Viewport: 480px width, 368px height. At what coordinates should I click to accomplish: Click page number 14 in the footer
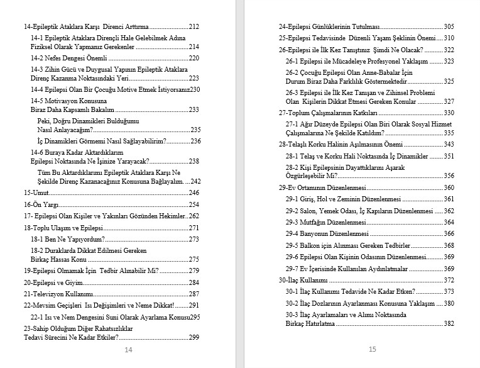(x=128, y=350)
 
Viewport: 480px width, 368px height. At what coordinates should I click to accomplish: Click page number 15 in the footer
(x=372, y=350)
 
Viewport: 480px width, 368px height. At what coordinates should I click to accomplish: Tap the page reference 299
(x=194, y=338)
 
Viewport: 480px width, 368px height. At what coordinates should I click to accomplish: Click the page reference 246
(x=194, y=192)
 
